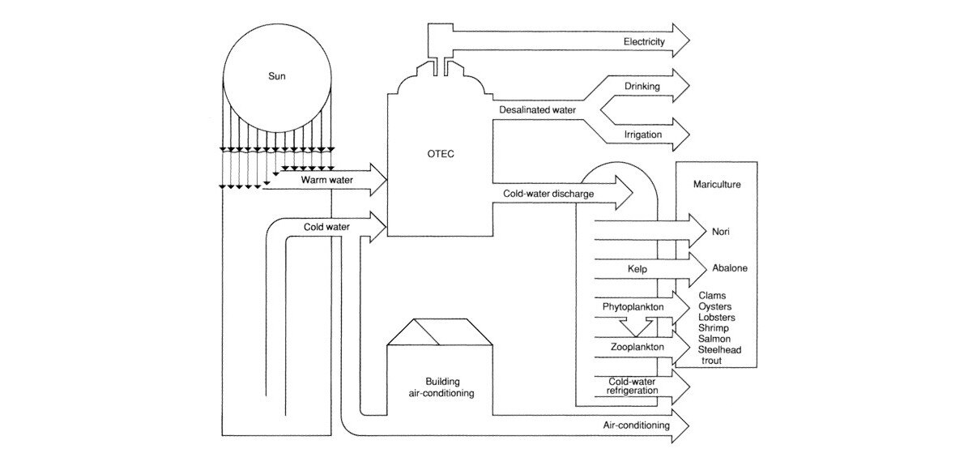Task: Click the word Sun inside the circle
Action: point(278,78)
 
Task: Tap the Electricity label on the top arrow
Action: point(644,41)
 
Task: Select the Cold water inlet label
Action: point(326,227)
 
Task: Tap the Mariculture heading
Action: point(716,184)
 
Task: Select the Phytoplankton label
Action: point(633,308)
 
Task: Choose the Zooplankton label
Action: point(635,347)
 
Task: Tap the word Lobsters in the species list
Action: point(716,318)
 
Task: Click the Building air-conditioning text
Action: point(441,387)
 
